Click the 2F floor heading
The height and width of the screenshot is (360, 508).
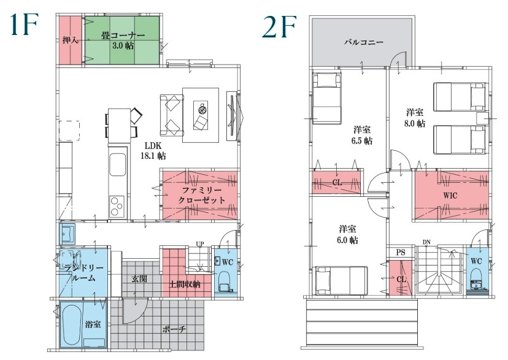(279, 26)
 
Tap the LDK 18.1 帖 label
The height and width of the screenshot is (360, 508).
(153, 151)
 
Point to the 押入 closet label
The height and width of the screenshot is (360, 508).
(71, 40)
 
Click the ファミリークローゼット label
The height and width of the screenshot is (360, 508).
(201, 195)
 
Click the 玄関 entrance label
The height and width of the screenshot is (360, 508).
(140, 278)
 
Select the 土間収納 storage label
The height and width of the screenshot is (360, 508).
(185, 284)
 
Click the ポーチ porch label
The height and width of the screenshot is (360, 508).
(174, 329)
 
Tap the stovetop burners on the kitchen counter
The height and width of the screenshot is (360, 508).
(117, 206)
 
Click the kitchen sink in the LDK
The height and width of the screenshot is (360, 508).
(118, 165)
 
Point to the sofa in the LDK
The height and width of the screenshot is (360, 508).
(172, 115)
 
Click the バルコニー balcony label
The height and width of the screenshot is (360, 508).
(364, 42)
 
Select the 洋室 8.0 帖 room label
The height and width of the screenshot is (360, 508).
(415, 118)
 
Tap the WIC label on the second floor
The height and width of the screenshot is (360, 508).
(450, 195)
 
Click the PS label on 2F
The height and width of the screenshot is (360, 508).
(401, 252)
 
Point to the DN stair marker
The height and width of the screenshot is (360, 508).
(426, 242)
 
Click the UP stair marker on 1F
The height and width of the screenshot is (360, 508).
(200, 243)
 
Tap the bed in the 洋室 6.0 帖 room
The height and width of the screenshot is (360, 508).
(342, 280)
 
